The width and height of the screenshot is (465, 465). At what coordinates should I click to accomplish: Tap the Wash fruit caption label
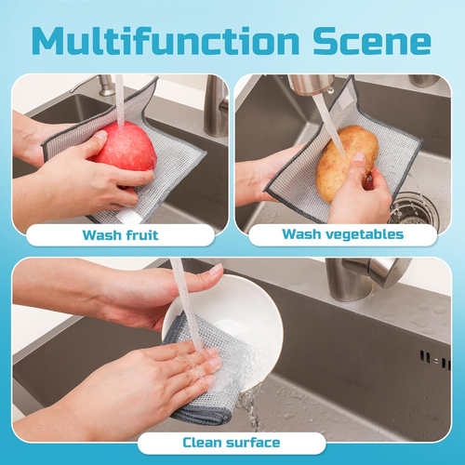(119, 234)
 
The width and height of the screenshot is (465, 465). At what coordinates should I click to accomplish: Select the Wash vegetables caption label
(343, 234)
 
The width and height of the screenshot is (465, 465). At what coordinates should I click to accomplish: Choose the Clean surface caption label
(231, 443)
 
